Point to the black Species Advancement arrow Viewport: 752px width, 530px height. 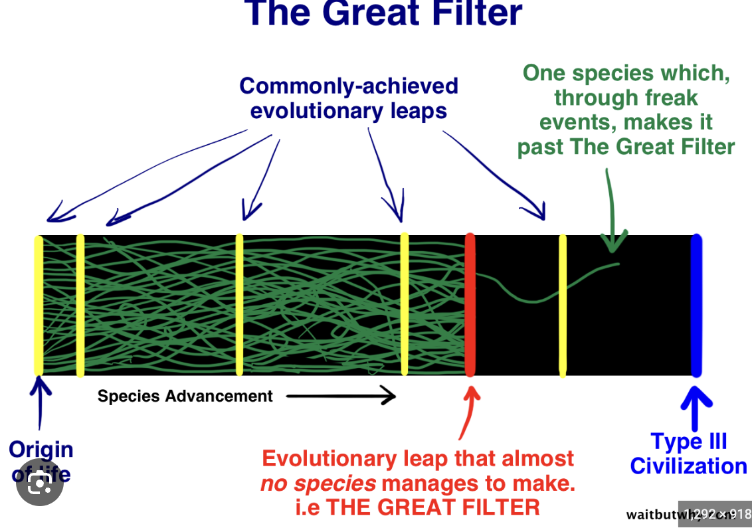click(341, 397)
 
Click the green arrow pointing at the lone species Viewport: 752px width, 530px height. click(611, 213)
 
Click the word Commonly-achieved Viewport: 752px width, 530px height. click(349, 86)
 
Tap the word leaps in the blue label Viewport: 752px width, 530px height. click(419, 111)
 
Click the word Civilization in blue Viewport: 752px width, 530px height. click(688, 466)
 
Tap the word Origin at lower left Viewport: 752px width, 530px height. click(41, 450)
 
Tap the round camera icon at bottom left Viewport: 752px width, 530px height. click(40, 483)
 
